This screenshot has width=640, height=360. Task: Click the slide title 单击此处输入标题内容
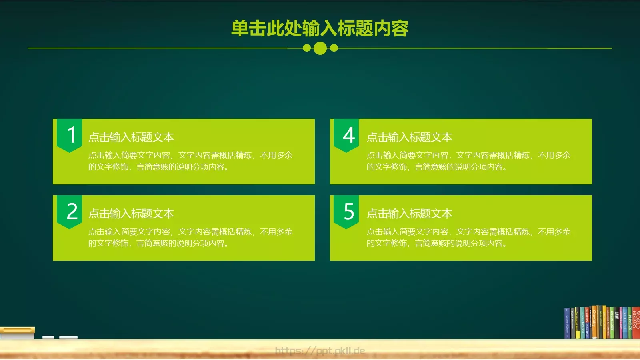(x=320, y=28)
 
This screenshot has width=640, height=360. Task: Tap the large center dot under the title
(x=320, y=48)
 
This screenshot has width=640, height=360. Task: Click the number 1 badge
(x=70, y=135)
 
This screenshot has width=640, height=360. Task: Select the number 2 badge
(x=70, y=211)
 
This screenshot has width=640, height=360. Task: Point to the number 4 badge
(x=346, y=135)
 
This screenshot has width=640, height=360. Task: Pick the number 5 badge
(x=346, y=211)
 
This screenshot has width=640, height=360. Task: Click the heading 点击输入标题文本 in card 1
(x=131, y=137)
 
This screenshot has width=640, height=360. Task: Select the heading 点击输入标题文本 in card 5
(x=409, y=214)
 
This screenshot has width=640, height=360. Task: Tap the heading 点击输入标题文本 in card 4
(x=409, y=137)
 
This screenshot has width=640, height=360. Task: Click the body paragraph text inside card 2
(x=190, y=237)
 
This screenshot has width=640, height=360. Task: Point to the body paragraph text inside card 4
(x=468, y=161)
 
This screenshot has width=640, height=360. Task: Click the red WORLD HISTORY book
(x=636, y=322)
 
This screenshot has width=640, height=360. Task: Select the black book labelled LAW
(x=617, y=322)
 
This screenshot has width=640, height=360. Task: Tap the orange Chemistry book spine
(x=594, y=322)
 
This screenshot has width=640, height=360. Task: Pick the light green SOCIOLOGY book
(x=612, y=322)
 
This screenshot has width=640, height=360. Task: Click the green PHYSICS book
(x=630, y=322)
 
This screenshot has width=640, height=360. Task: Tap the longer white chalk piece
(x=68, y=338)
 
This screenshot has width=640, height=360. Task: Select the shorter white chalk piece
(x=48, y=338)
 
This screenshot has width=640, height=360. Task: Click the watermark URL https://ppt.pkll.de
(x=320, y=351)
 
